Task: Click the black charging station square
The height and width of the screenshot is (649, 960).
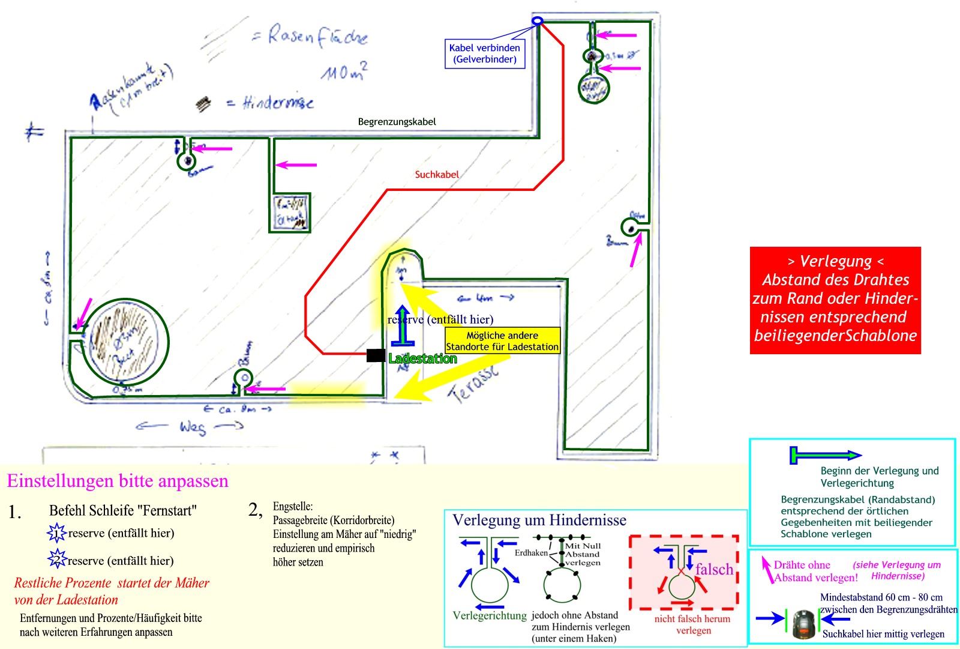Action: click(376, 355)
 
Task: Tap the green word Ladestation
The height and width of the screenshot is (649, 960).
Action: click(422, 359)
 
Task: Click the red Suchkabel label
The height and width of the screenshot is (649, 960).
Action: click(437, 175)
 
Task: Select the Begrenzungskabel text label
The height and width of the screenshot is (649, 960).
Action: click(397, 122)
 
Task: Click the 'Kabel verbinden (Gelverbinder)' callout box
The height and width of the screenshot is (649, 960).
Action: click(485, 53)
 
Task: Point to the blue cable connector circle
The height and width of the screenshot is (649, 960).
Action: click(538, 20)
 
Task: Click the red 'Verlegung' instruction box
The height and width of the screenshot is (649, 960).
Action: click(835, 300)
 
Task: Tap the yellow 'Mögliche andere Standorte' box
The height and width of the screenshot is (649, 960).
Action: click(502, 341)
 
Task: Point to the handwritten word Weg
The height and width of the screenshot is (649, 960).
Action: click(192, 427)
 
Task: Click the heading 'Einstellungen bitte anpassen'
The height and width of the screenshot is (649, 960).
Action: click(118, 481)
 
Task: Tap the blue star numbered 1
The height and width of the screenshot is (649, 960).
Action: click(56, 533)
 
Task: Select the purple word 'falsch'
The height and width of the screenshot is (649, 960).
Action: click(714, 569)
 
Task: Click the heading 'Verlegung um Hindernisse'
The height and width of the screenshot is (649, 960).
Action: click(539, 520)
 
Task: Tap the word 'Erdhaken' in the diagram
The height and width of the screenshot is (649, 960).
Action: click(531, 553)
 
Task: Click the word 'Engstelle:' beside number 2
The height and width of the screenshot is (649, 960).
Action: click(292, 507)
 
